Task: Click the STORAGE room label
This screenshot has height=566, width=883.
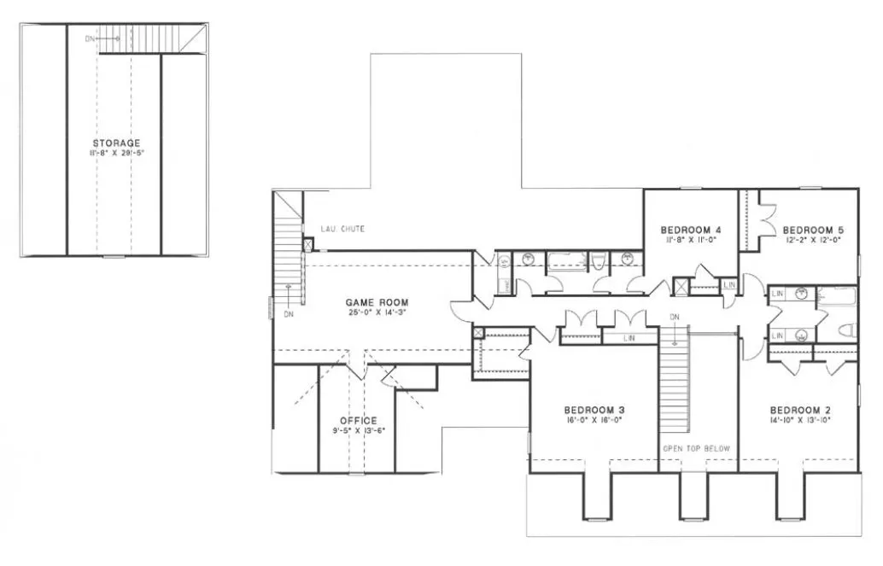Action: coord(116,143)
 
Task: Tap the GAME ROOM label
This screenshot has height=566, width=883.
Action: coord(377,302)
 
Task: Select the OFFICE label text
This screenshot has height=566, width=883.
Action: coord(358,420)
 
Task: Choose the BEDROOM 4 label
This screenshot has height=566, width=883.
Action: coord(691,230)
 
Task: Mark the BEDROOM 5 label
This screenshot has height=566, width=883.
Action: coord(812,230)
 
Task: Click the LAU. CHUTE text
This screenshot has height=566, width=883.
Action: coord(342,229)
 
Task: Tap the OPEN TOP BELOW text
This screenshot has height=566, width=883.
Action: coord(698,447)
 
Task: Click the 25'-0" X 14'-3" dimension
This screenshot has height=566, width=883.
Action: coord(377,312)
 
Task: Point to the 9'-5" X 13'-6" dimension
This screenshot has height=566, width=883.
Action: coord(358,430)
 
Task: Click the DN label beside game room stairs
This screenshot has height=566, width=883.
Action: coord(288,313)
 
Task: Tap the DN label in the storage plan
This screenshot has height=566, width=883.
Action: coord(91,38)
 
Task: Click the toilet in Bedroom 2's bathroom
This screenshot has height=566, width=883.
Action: coord(846,330)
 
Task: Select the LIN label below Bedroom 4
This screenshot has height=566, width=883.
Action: coord(728,284)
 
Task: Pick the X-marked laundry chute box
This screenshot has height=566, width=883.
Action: coord(307,244)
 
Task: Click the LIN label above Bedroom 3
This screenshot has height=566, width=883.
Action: coord(629,339)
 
